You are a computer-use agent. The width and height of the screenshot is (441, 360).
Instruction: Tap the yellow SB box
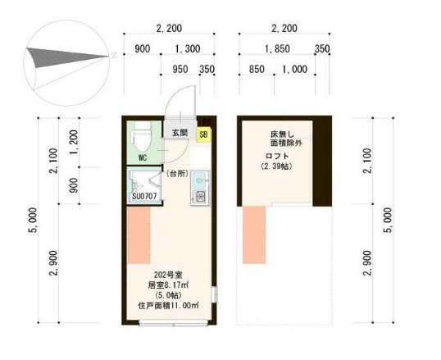(x=203, y=134)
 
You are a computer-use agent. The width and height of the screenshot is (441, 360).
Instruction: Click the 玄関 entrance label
(x=180, y=133)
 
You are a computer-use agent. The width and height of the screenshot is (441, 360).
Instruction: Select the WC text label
(x=142, y=157)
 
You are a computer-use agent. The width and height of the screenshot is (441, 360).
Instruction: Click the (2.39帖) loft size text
(x=277, y=166)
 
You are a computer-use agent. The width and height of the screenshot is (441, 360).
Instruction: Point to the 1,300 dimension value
(x=187, y=49)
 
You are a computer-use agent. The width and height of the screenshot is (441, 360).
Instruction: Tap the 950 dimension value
(x=181, y=70)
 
